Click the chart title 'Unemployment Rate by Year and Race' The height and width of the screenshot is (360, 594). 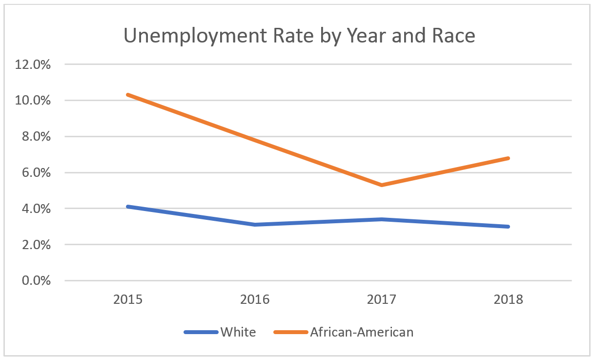click(x=299, y=36)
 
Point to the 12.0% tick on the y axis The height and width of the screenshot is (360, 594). click(x=33, y=64)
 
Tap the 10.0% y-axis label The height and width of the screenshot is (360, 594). click(x=33, y=101)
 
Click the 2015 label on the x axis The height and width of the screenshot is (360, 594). click(x=128, y=299)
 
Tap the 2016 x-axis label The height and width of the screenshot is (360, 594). click(x=255, y=299)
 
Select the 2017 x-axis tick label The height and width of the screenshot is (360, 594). click(x=382, y=299)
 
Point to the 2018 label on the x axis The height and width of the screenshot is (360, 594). click(x=509, y=299)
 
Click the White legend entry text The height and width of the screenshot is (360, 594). click(x=238, y=332)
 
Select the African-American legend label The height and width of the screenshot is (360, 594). click(x=362, y=332)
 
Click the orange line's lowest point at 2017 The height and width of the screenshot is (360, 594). click(x=382, y=185)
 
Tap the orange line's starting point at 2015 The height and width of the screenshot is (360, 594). click(x=128, y=95)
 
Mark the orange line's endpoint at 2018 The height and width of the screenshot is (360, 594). click(x=509, y=158)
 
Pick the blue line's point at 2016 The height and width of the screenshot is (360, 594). click(x=255, y=225)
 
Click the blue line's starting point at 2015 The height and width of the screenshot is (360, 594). click(x=128, y=207)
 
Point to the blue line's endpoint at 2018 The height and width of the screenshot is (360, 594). click(x=509, y=227)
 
